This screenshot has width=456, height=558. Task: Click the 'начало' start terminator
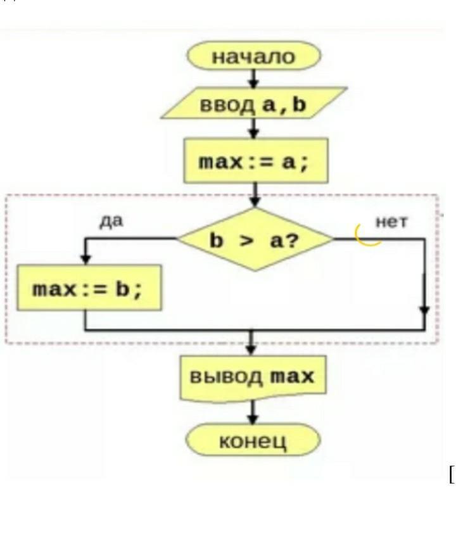click(x=253, y=56)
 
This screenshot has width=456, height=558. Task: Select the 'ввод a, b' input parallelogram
click(x=253, y=104)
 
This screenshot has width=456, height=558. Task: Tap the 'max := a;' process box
click(x=255, y=162)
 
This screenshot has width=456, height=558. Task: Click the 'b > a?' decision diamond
click(x=255, y=239)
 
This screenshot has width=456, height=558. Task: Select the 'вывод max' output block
click(x=253, y=377)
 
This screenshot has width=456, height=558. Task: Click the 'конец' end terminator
click(x=253, y=440)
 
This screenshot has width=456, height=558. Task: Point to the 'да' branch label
click(x=111, y=222)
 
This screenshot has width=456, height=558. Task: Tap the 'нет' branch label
click(x=391, y=222)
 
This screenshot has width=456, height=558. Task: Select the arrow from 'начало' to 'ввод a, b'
click(x=253, y=79)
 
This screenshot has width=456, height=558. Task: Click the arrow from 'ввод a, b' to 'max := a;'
click(x=253, y=129)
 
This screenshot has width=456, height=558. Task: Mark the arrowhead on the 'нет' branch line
click(x=424, y=310)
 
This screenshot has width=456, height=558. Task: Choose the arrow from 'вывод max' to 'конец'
click(x=253, y=414)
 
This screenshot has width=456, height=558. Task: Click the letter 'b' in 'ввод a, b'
click(x=299, y=105)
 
